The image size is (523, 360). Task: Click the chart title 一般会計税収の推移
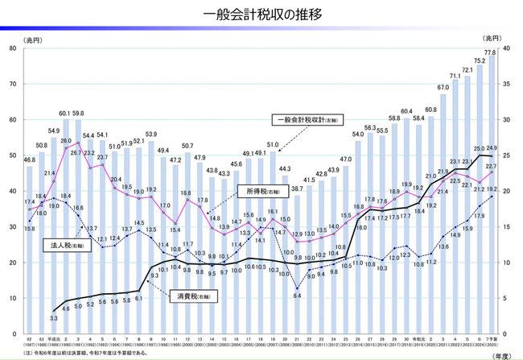coord(261,14)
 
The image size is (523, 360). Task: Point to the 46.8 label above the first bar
coord(30,159)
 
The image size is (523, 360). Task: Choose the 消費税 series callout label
coord(191,296)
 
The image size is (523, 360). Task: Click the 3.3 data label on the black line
coord(54,317)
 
